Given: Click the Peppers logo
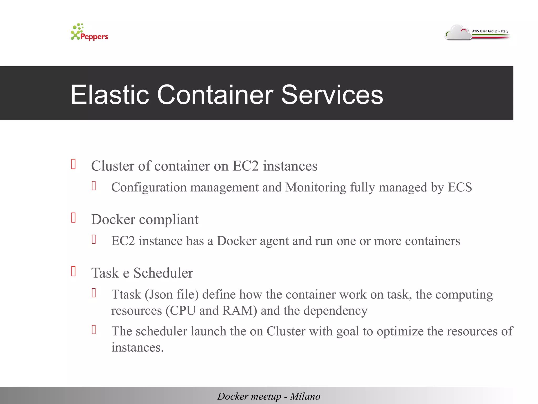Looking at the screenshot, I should pos(89,33).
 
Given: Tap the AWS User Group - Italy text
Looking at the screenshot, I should pos(490,31).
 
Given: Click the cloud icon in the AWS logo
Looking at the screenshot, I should pos(458,33).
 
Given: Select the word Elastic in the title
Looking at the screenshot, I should pos(110,95).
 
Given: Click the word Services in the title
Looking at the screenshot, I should pos(332,95).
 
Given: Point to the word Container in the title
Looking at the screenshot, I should pos(215,95).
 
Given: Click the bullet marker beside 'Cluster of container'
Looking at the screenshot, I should pos(74,164).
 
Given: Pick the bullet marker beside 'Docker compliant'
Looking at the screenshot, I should pos(74,218).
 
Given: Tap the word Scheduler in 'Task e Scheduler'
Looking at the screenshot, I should pos(163,273).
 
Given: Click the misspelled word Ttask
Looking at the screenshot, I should pos(126,294).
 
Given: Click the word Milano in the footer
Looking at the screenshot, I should pos(305,396).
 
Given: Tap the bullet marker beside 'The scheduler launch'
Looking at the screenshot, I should pos(94,330).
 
